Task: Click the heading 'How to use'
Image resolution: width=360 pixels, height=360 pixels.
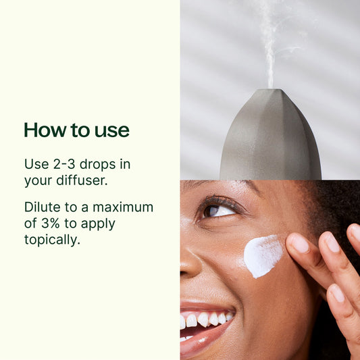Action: [x=76, y=130]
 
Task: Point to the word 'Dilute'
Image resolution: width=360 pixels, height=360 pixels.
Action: [x=41, y=207]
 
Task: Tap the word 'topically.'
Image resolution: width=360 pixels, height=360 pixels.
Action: [x=52, y=240]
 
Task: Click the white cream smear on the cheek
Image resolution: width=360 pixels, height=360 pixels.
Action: [x=263, y=255]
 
